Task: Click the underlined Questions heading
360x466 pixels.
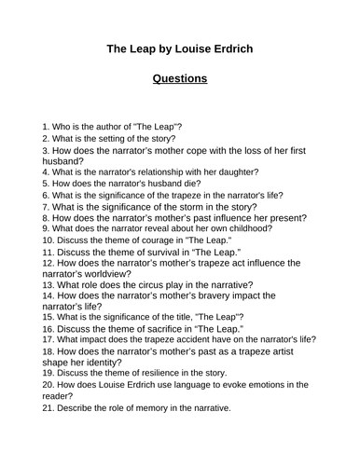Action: [x=180, y=78]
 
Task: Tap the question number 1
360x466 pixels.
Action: [x=47, y=125]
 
